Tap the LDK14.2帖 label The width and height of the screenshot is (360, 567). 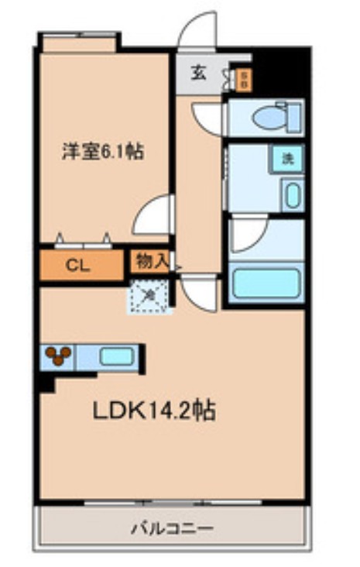154,411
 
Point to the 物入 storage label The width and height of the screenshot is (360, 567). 150,260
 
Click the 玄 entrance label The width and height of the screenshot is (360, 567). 199,74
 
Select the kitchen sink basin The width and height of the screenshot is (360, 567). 115,358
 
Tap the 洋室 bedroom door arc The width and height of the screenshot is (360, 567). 153,215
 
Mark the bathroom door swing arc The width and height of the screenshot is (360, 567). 246,235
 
